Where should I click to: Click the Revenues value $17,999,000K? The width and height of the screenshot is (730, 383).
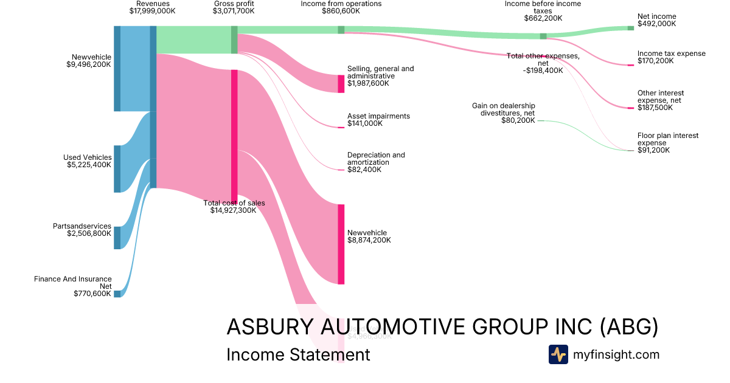(152, 11)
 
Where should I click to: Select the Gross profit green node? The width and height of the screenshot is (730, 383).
(234, 40)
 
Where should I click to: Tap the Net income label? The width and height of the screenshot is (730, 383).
(656, 17)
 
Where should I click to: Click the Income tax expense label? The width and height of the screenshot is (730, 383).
(671, 53)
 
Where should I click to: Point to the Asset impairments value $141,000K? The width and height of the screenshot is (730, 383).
(365, 123)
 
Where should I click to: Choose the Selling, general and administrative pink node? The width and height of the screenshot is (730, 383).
(341, 83)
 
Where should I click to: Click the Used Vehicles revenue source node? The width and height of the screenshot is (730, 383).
(117, 168)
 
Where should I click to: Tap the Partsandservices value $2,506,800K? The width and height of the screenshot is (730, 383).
(89, 233)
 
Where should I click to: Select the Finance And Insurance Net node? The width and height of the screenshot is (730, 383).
(117, 294)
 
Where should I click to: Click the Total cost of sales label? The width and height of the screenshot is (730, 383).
(234, 203)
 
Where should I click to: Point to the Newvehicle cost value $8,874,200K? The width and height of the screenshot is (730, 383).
(369, 240)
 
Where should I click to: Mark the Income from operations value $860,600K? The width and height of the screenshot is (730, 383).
(341, 11)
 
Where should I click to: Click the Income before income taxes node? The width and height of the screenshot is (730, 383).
(543, 36)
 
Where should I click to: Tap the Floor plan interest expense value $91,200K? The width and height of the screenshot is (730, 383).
(653, 150)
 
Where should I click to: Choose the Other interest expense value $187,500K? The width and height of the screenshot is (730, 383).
(655, 108)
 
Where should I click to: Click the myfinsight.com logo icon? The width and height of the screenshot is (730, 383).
(558, 354)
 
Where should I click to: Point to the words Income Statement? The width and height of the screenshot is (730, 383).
(298, 354)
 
